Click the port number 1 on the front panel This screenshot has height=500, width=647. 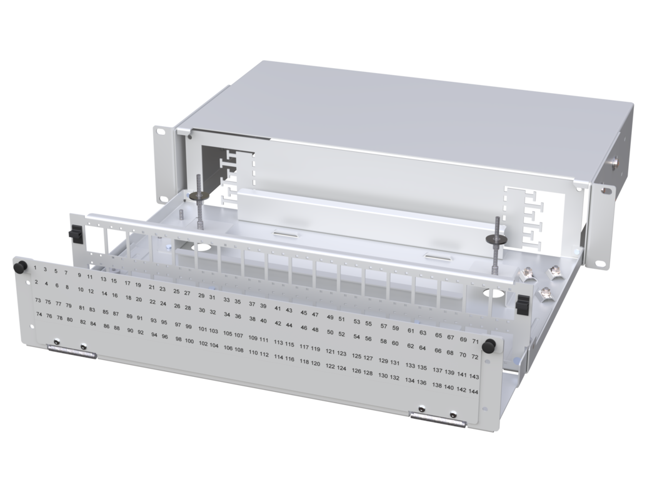pyautogui.click(x=35, y=267)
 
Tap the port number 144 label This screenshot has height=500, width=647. pyautogui.click(x=473, y=391)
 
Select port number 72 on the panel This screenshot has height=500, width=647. pyautogui.click(x=474, y=357)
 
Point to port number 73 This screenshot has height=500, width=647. pyautogui.click(x=38, y=301)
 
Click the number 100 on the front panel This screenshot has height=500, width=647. pyautogui.click(x=189, y=341)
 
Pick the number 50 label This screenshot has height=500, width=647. pyautogui.click(x=330, y=332)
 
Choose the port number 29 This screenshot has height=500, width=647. pyautogui.click(x=201, y=296)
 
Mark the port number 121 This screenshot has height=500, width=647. pyautogui.click(x=330, y=351)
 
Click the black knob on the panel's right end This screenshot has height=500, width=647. pyautogui.click(x=490, y=345)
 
